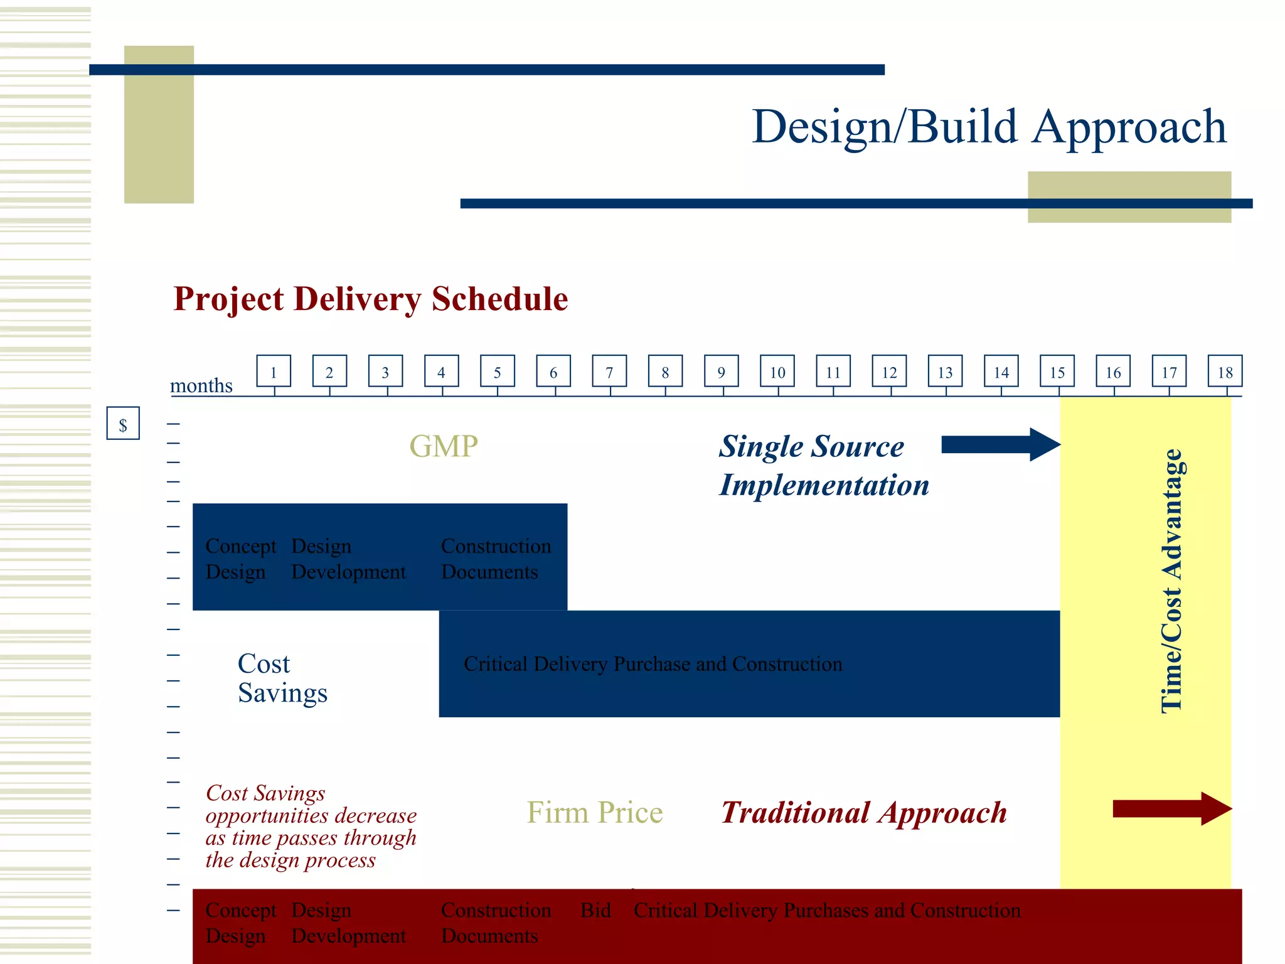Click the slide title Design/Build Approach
pos(988,127)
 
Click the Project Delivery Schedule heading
pos(370,299)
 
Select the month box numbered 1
pos(274,372)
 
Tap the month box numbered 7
pos(609,372)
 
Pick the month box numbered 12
pos(889,372)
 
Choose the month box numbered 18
pos(1225,372)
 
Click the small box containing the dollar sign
pos(123,424)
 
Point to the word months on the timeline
pos(201,385)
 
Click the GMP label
pos(443,446)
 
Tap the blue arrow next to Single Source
pos(1000,444)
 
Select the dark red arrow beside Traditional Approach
pos(1171,808)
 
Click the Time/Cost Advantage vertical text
pos(1171,581)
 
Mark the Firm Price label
pos(594,812)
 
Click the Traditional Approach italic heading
pos(863,813)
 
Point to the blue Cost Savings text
pos(282,678)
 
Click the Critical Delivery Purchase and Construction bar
pos(653,664)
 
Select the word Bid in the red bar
pos(595,910)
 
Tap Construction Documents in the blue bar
pos(495,559)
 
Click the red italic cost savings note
pos(311,826)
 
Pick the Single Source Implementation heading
pos(823,466)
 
